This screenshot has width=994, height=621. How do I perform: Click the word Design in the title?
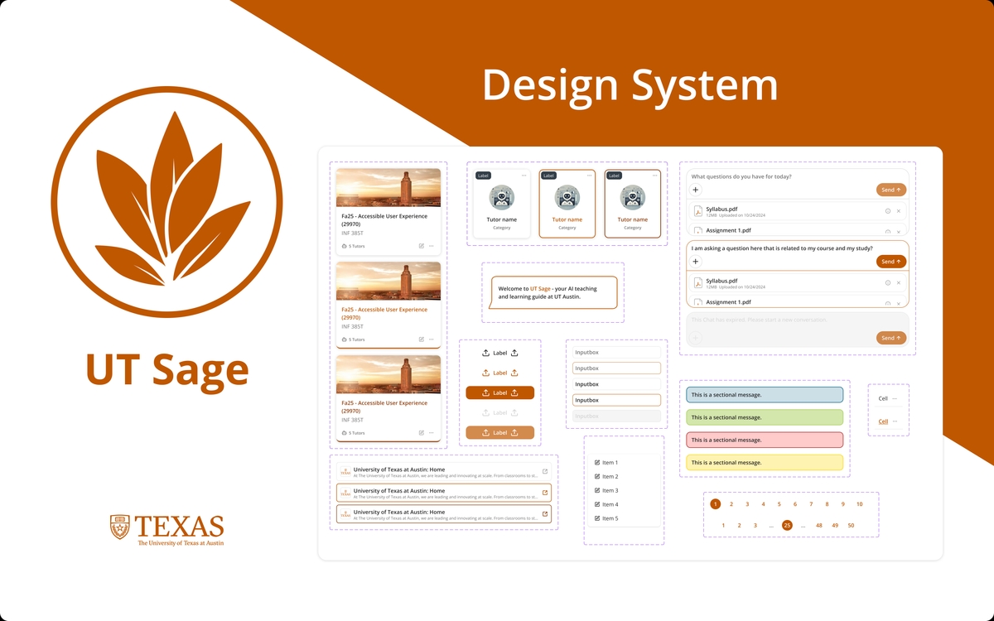pyautogui.click(x=550, y=86)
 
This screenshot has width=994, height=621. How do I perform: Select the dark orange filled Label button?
pyautogui.click(x=499, y=392)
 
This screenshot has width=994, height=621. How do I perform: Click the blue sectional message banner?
pyautogui.click(x=764, y=395)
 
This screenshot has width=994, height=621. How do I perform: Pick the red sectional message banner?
pyautogui.click(x=764, y=440)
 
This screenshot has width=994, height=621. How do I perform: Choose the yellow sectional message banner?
pyautogui.click(x=764, y=462)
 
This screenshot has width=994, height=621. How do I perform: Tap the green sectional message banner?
pyautogui.click(x=764, y=417)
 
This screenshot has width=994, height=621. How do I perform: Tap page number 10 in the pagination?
pyautogui.click(x=859, y=504)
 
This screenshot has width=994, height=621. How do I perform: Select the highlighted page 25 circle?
pyautogui.click(x=787, y=525)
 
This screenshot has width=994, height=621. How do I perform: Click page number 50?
pyautogui.click(x=851, y=526)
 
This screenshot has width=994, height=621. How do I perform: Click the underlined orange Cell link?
pyautogui.click(x=883, y=421)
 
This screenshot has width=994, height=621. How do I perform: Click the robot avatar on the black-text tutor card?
pyautogui.click(x=501, y=197)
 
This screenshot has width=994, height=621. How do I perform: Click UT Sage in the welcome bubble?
pyautogui.click(x=540, y=289)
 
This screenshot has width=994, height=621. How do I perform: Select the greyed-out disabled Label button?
pyautogui.click(x=499, y=412)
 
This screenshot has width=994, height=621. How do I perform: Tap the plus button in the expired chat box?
pyautogui.click(x=696, y=338)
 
